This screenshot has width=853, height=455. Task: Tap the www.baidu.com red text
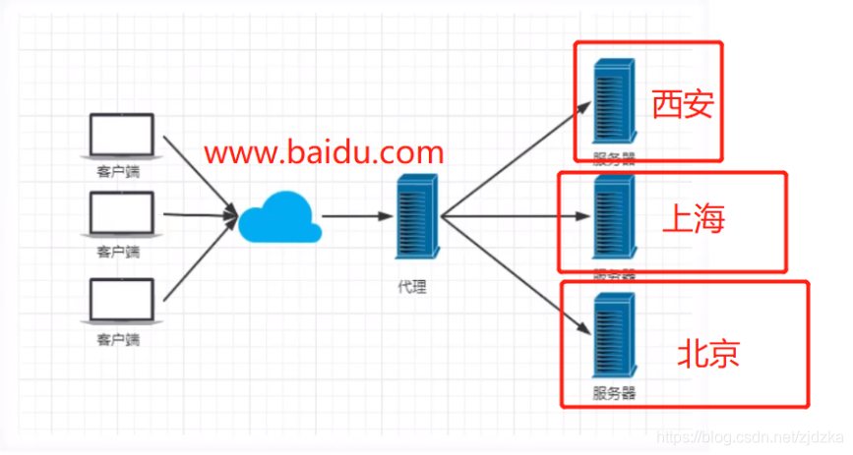pyautogui.click(x=324, y=152)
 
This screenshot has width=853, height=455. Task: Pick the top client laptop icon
pyautogui.click(x=122, y=137)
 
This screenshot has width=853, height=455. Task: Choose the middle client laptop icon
pyautogui.click(x=122, y=214)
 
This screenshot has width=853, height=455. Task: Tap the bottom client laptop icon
pyautogui.click(x=122, y=301)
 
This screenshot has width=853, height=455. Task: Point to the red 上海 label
pyautogui.click(x=693, y=220)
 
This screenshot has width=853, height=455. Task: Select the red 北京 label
pyautogui.click(x=707, y=354)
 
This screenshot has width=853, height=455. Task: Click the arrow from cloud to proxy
pyautogui.click(x=357, y=216)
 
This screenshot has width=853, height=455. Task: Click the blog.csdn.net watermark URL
pyautogui.click(x=751, y=433)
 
